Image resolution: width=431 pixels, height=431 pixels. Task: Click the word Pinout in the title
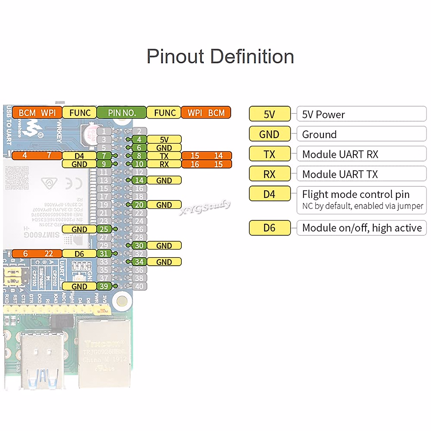(x=176, y=57)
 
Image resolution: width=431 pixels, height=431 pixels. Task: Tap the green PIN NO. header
(x=122, y=113)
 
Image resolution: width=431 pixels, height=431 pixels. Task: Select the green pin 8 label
(x=139, y=156)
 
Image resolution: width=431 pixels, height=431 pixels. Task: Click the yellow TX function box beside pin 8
(x=164, y=156)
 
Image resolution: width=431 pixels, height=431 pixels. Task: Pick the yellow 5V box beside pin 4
(x=164, y=140)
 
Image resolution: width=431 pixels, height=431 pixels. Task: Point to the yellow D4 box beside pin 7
(x=79, y=156)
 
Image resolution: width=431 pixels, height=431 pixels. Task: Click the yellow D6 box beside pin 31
(x=79, y=254)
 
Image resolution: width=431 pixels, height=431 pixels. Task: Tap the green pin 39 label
(x=104, y=286)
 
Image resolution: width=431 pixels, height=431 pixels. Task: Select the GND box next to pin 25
(x=79, y=229)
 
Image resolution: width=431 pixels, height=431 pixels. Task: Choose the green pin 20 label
(x=139, y=205)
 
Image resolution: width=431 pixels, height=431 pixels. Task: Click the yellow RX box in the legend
(x=269, y=174)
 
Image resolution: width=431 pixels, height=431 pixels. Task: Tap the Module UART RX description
(x=340, y=154)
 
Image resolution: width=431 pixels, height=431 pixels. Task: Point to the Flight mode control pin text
(x=356, y=194)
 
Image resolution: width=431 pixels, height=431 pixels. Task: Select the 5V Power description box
(x=361, y=114)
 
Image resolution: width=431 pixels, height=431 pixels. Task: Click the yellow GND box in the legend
(x=269, y=134)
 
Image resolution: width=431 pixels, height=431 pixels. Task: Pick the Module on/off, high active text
(x=362, y=228)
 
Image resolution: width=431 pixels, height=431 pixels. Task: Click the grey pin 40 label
(x=139, y=286)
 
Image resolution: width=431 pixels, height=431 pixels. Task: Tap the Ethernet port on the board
(x=104, y=354)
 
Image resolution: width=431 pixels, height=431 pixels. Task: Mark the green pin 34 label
(x=139, y=262)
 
